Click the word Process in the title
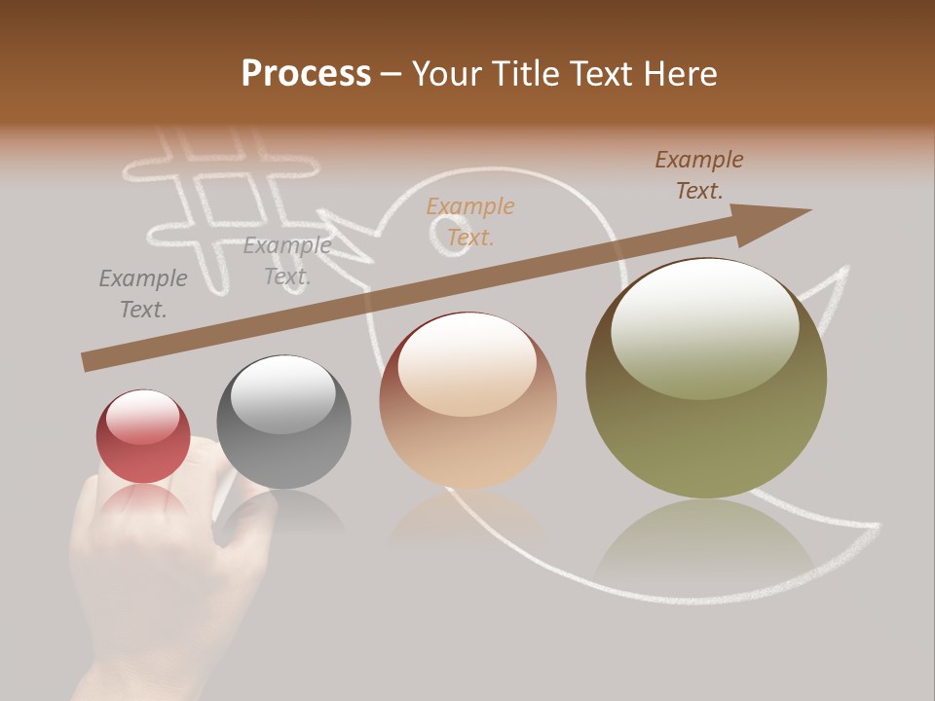coord(306,74)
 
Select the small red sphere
coord(143,436)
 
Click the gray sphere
coord(283,422)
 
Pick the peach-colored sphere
coord(467,400)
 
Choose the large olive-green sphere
coord(706,378)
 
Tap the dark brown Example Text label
coord(699,175)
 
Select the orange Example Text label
coord(470,222)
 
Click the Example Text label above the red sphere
coord(143,294)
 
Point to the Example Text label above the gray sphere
coord(287,261)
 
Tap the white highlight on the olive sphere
coord(704,326)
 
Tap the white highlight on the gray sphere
coord(282,393)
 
